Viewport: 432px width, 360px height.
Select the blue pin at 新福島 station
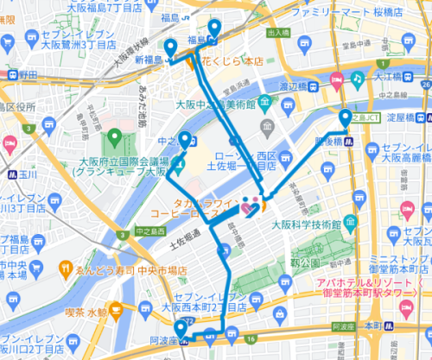(x=171, y=47)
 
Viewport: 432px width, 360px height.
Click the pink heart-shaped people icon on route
(x=250, y=207)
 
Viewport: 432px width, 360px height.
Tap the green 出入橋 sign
(x=278, y=33)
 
